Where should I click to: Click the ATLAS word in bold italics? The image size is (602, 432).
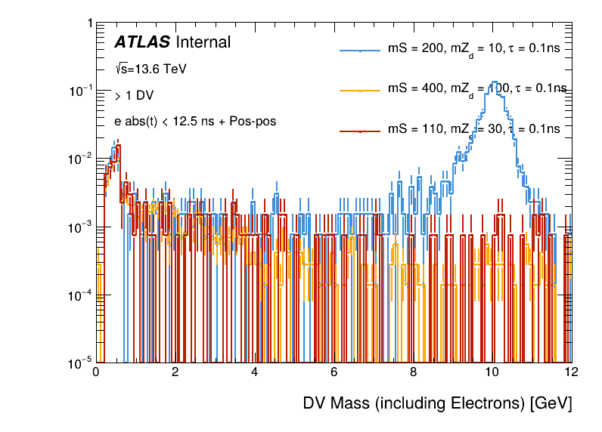tap(141, 43)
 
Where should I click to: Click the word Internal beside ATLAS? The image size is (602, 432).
tap(203, 43)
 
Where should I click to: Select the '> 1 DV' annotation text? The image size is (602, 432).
tap(130, 96)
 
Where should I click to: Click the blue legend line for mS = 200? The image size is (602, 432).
tap(359, 51)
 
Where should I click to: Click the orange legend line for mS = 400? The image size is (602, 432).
tap(359, 90)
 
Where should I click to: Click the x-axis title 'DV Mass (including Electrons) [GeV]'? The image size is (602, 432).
tap(437, 403)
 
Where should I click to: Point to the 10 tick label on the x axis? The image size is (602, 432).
tap(492, 372)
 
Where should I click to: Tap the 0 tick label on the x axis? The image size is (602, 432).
tap(96, 372)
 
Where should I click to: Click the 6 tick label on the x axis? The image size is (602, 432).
tap(334, 372)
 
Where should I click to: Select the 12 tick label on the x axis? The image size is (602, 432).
tap(572, 372)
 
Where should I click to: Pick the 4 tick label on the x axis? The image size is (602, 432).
tap(255, 372)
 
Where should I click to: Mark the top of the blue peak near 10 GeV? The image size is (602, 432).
tap(494, 82)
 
